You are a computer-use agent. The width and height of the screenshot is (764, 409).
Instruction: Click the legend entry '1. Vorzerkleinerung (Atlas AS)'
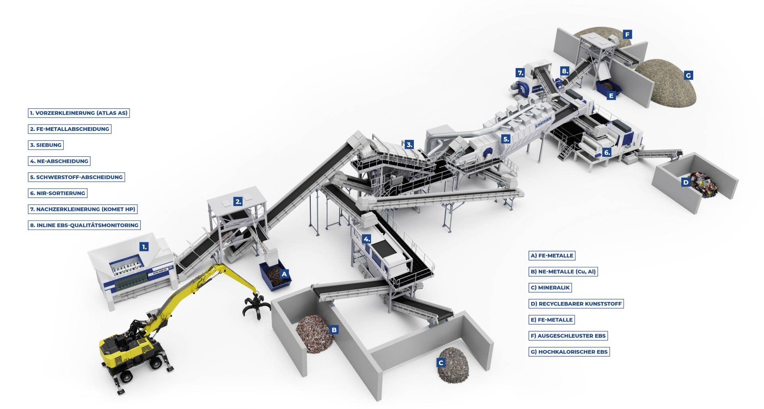[x=79, y=113]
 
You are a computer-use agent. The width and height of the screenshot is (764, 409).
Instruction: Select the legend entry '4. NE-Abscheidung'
[x=59, y=161]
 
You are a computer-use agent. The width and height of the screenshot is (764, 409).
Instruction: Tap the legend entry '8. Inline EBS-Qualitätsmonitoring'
[x=84, y=225]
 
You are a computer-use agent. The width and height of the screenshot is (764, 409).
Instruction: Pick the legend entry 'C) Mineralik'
[x=550, y=288]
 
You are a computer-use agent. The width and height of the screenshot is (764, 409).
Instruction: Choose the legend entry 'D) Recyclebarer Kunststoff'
[x=576, y=304]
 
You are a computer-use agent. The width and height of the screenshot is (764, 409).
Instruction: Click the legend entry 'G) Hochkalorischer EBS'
[x=569, y=352]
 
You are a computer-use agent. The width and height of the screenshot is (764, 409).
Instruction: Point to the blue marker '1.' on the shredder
[x=144, y=247]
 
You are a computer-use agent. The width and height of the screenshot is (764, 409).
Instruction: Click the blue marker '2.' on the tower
[x=238, y=202]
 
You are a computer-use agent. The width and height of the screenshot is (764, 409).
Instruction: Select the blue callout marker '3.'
[x=409, y=145]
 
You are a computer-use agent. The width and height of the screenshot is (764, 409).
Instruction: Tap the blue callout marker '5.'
[x=506, y=139]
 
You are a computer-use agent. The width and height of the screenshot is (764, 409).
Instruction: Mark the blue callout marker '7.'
[x=520, y=73]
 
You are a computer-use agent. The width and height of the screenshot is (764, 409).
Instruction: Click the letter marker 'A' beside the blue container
[x=284, y=274]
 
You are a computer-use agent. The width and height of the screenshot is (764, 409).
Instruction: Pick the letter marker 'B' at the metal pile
[x=334, y=330]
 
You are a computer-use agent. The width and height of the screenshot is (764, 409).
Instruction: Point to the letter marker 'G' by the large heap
[x=688, y=75]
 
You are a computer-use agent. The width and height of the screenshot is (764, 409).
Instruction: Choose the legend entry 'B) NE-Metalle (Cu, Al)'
[x=563, y=272]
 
